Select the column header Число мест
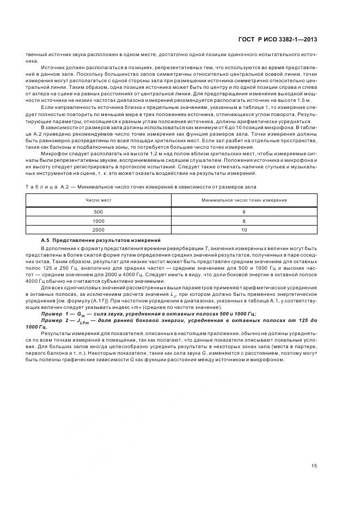click(99, 200)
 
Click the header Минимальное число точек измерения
click(243, 200)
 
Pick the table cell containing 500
click(99, 212)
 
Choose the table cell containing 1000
click(99, 221)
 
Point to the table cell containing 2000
click(99, 230)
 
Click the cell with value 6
click(243, 212)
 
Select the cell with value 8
click(243, 221)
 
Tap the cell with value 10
click(243, 230)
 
